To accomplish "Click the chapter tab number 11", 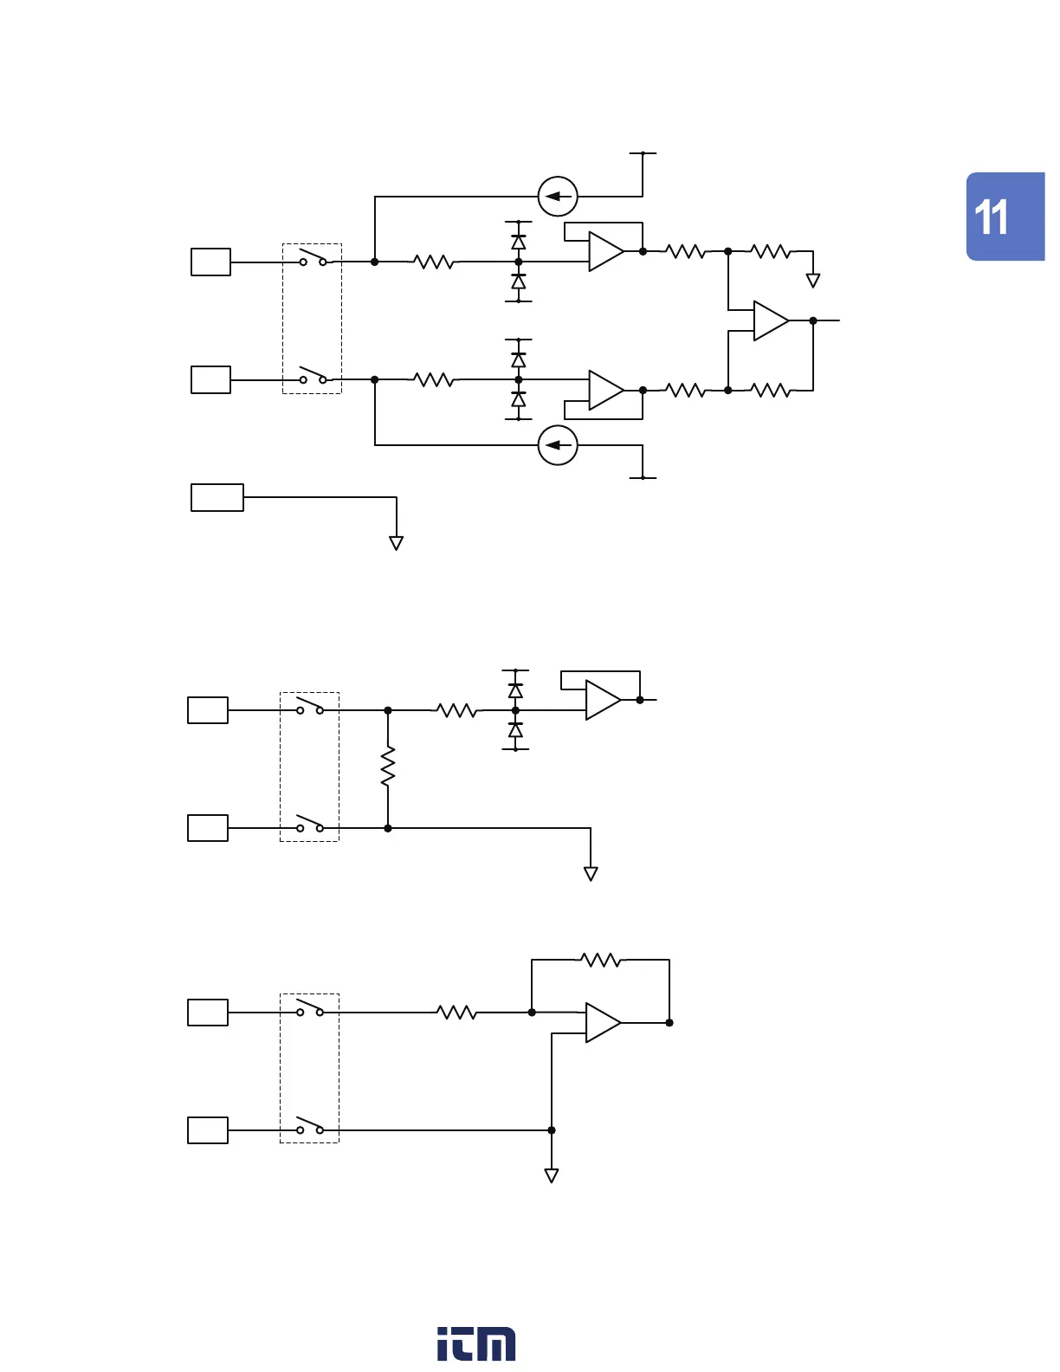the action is click(x=992, y=217).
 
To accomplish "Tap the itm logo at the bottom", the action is click(x=475, y=1343).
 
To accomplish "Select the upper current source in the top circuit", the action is click(x=558, y=197).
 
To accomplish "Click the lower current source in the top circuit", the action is click(x=558, y=445).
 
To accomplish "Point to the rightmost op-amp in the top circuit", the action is click(x=770, y=320).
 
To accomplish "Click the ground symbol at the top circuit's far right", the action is click(x=812, y=280).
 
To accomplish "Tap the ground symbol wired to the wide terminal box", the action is click(x=396, y=543).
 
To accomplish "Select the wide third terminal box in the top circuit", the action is click(x=217, y=498).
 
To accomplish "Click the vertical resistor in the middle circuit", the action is click(x=388, y=767).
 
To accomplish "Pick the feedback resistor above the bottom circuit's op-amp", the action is click(x=600, y=960).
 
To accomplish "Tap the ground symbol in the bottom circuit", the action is click(x=551, y=1175).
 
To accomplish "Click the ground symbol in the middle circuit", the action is click(x=591, y=874).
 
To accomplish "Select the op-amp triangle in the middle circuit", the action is click(x=602, y=700).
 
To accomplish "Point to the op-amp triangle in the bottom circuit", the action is click(x=602, y=1023).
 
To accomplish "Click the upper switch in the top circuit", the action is click(x=313, y=258).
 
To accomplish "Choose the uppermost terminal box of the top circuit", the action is click(x=210, y=262).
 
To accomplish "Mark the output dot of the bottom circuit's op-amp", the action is click(x=669, y=1023).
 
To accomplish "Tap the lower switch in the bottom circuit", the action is click(x=310, y=1127).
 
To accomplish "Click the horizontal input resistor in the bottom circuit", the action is click(x=456, y=1012).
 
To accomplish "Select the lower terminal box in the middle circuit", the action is click(x=208, y=828).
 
